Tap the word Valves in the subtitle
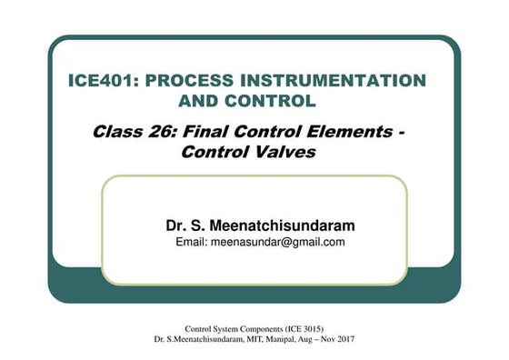284,152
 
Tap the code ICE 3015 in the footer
301,327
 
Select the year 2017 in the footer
344,339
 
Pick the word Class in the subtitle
116,132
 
